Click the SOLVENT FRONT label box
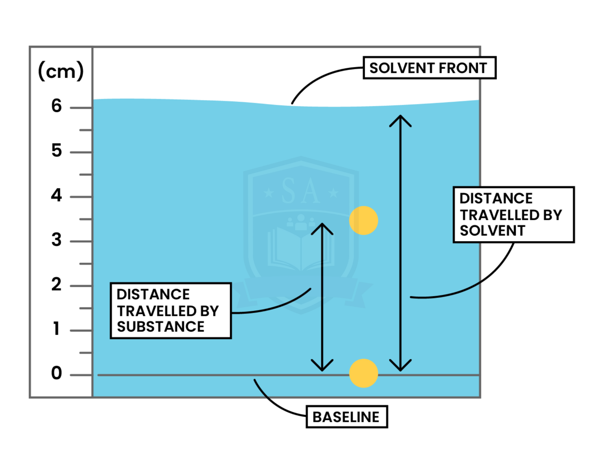click(x=428, y=68)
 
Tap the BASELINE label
click(x=346, y=417)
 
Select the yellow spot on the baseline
click(x=363, y=373)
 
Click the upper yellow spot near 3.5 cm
click(x=363, y=221)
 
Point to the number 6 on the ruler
click(x=57, y=106)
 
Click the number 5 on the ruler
click(x=57, y=151)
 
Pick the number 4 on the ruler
click(x=57, y=195)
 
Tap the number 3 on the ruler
click(x=57, y=240)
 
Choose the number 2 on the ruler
click(x=57, y=284)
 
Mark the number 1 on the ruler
click(x=57, y=329)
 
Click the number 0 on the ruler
click(x=57, y=373)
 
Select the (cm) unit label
click(x=61, y=71)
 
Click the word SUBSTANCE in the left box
click(x=160, y=327)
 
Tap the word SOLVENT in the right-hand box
click(x=492, y=231)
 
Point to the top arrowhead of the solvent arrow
click(x=400, y=118)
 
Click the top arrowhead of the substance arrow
click(x=322, y=227)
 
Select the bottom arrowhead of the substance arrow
click(x=322, y=368)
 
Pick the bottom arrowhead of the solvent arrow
click(x=400, y=368)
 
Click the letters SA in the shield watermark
click(x=301, y=191)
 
